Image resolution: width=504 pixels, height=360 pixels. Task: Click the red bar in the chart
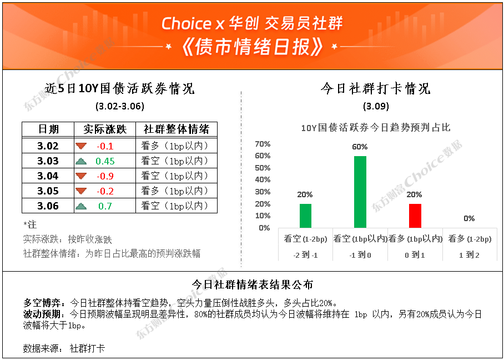(x=415, y=216)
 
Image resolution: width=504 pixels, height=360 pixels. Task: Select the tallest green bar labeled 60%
(x=360, y=192)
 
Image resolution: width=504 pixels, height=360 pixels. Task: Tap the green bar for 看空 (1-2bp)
(x=305, y=216)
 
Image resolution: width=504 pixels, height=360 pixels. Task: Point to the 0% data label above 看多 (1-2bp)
(x=469, y=219)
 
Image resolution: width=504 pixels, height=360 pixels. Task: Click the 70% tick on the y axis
(x=263, y=144)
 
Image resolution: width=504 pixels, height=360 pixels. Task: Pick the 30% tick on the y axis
(x=263, y=192)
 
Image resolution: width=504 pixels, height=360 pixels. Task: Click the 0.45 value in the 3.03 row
(x=105, y=161)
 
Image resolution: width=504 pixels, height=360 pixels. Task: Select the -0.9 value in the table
(x=105, y=176)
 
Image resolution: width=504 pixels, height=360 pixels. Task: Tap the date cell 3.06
(x=48, y=206)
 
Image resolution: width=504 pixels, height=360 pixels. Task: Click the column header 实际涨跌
(x=105, y=129)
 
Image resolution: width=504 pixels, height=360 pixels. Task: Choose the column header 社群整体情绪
(x=177, y=129)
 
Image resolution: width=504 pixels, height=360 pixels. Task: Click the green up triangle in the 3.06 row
(x=81, y=206)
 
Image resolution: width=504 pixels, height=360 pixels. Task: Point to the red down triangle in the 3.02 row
(x=81, y=146)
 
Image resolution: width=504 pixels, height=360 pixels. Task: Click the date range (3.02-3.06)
(x=119, y=107)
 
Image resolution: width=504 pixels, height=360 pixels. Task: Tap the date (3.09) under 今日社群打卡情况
(x=376, y=107)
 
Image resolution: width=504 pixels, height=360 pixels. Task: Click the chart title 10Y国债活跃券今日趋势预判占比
(x=376, y=128)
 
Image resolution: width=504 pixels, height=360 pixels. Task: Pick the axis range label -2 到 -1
(x=305, y=256)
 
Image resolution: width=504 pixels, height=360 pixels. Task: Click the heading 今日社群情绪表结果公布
(x=253, y=284)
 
